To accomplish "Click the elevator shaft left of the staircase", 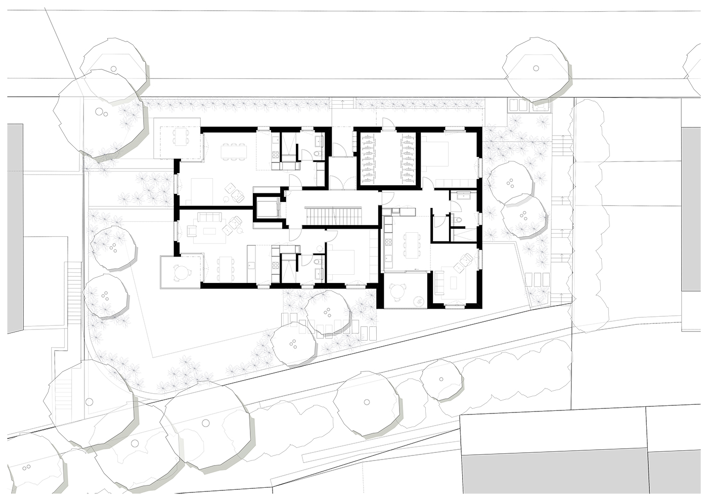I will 267,207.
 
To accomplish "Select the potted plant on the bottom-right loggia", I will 419,300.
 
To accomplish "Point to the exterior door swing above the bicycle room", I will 386,122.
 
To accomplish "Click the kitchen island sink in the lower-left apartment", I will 251,263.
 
